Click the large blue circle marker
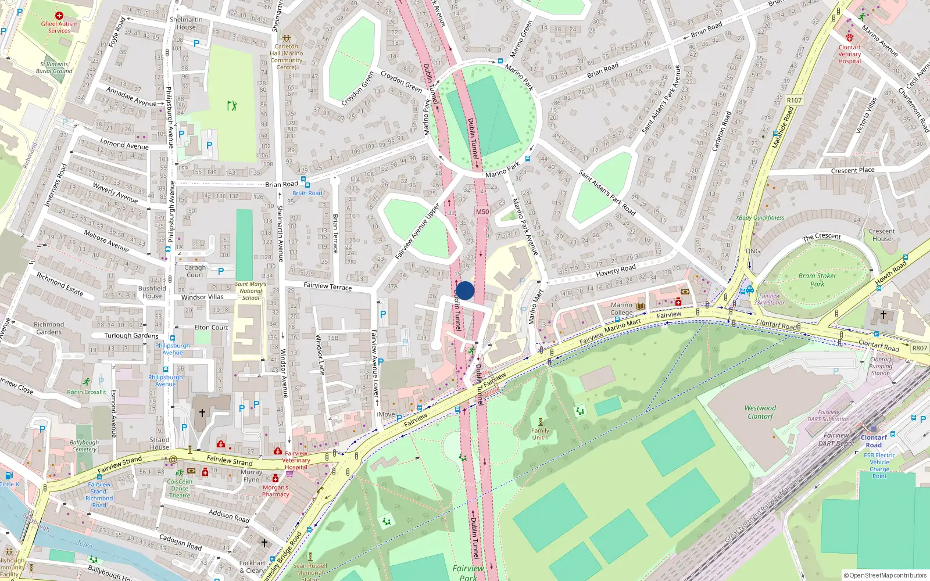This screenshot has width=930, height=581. [465, 290]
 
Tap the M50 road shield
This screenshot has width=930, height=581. [482, 211]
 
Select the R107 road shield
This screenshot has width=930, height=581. [794, 100]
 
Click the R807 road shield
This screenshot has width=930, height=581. [920, 348]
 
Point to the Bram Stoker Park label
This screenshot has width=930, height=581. [817, 280]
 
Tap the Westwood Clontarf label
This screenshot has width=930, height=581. [760, 412]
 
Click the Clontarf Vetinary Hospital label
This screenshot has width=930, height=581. [849, 54]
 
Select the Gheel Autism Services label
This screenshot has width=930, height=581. [59, 27]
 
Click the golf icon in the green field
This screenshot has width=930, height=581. [232, 106]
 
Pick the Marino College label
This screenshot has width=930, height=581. [621, 309]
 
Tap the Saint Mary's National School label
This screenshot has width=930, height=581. [251, 290]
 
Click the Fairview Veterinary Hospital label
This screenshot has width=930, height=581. [296, 460]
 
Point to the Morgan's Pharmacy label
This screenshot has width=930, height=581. [276, 491]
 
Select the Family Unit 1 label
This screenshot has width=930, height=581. [540, 434]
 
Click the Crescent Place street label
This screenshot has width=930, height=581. [852, 170]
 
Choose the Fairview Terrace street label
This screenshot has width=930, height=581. [328, 286]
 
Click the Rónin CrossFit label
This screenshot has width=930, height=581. [87, 392]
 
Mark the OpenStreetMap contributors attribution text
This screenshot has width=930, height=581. [885, 575]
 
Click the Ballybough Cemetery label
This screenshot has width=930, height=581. [84, 446]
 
